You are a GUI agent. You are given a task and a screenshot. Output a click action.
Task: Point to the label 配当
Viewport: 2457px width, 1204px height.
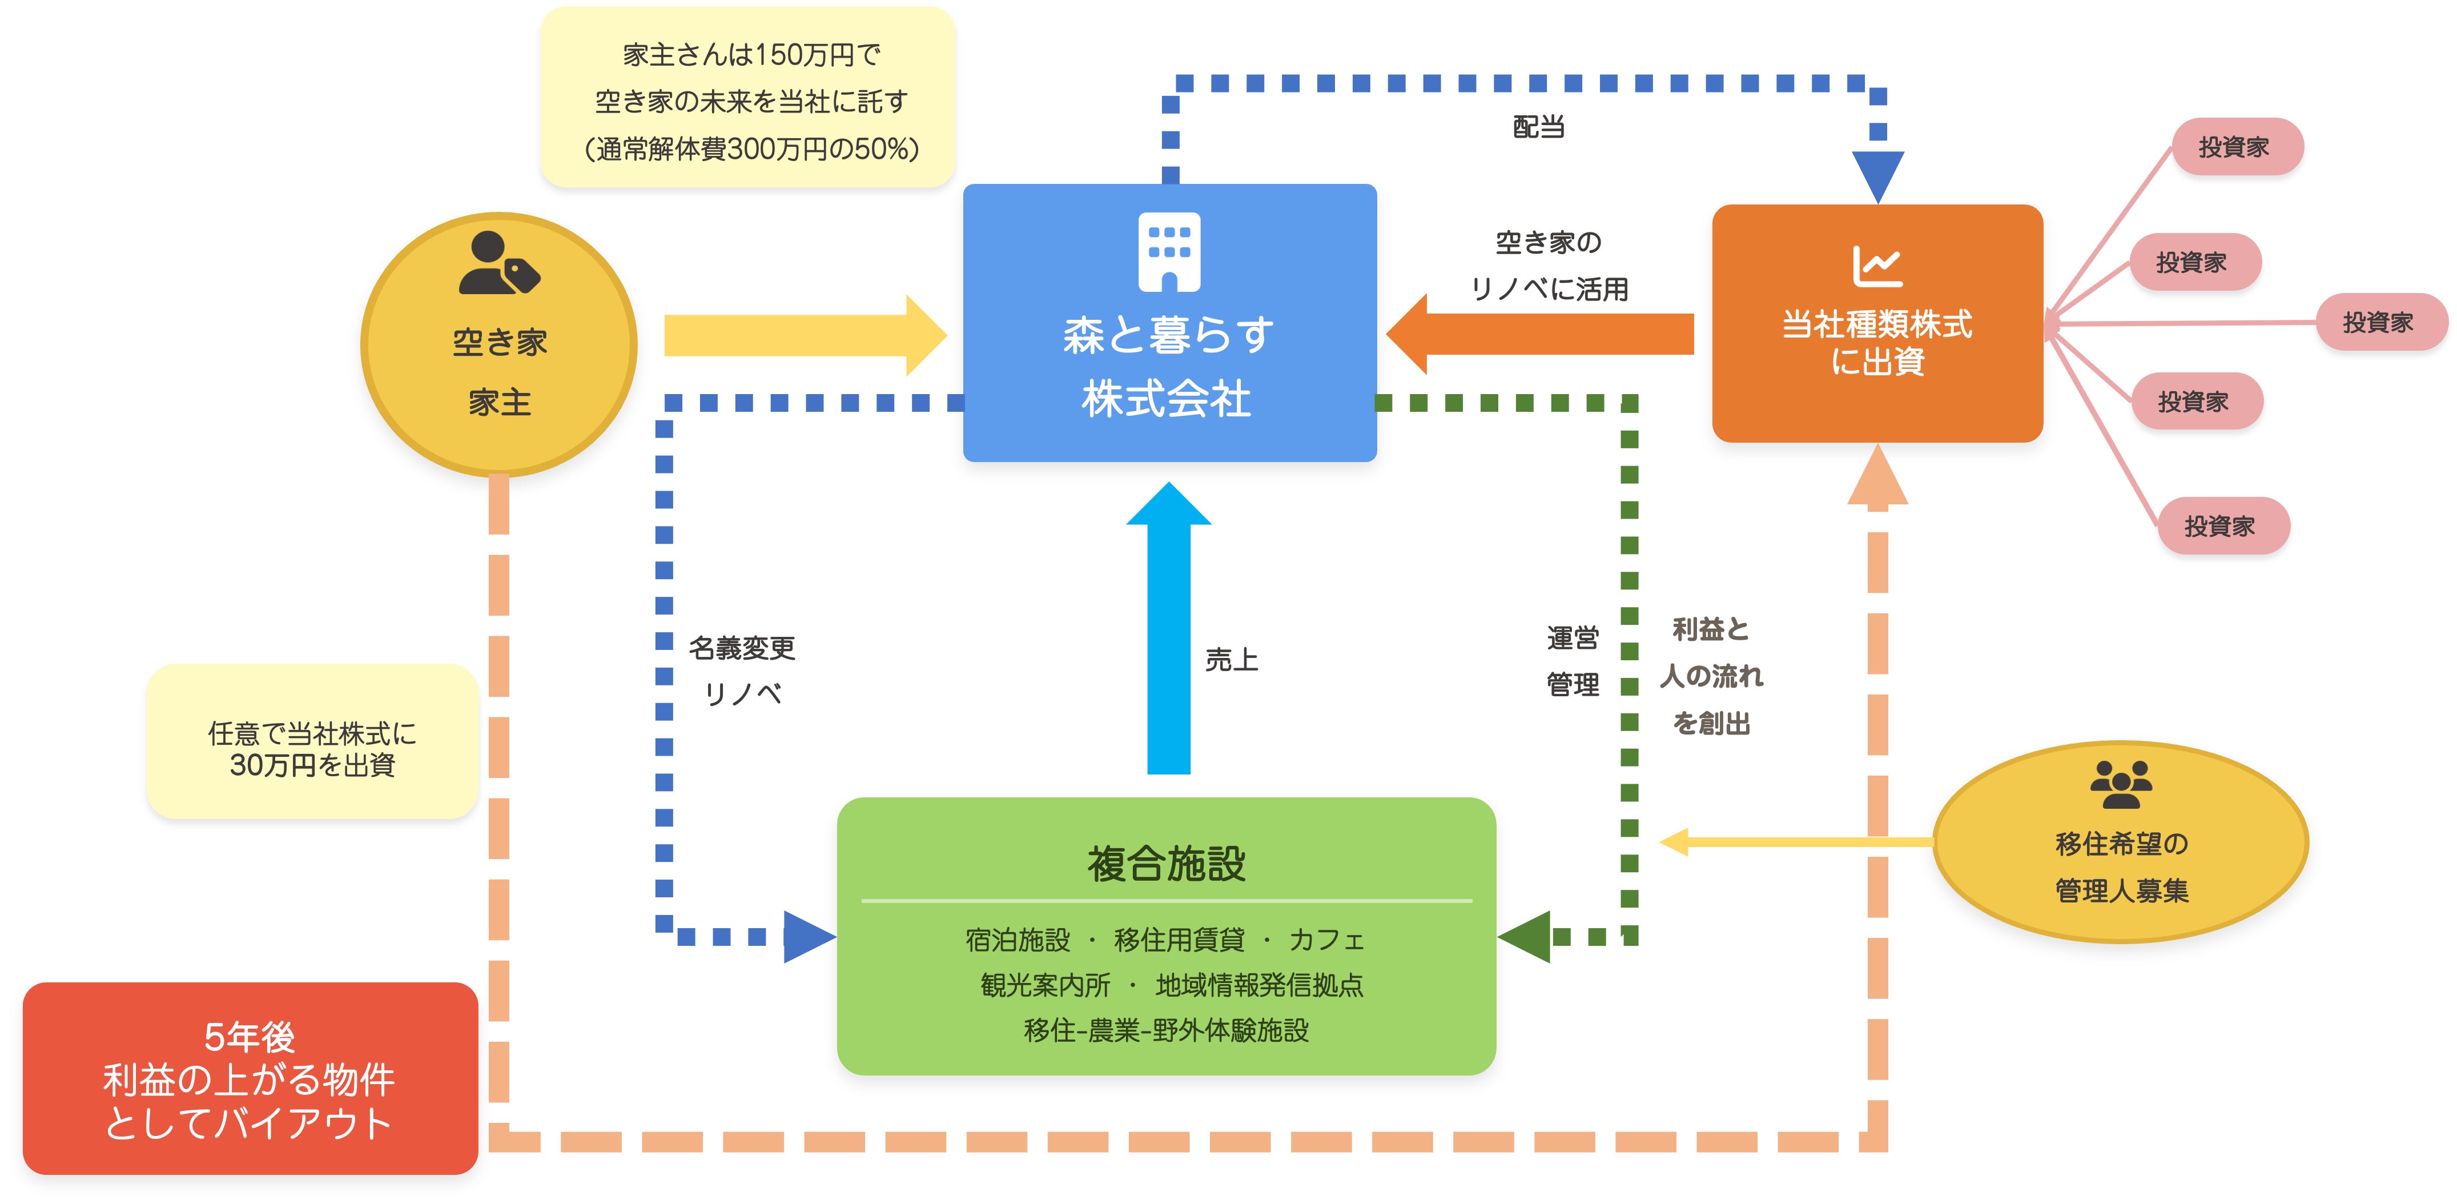pyautogui.click(x=1538, y=127)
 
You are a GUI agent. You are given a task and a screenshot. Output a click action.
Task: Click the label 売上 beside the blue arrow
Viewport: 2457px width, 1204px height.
pyautogui.click(x=1232, y=659)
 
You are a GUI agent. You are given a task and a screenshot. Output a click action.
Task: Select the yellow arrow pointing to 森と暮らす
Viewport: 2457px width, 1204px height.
pyautogui.click(x=801, y=335)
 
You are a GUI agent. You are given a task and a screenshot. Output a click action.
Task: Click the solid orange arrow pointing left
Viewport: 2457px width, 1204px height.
pyautogui.click(x=1541, y=334)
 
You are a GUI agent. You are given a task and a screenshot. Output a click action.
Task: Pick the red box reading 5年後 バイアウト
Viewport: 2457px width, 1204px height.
pyautogui.click(x=250, y=1078)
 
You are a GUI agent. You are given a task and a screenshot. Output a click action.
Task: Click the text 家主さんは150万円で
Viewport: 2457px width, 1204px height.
pyautogui.click(x=751, y=55)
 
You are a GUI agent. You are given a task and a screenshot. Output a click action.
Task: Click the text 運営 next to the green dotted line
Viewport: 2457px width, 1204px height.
pyautogui.click(x=1572, y=637)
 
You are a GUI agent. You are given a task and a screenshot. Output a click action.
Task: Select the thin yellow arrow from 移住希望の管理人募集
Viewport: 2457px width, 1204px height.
pyautogui.click(x=1798, y=841)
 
